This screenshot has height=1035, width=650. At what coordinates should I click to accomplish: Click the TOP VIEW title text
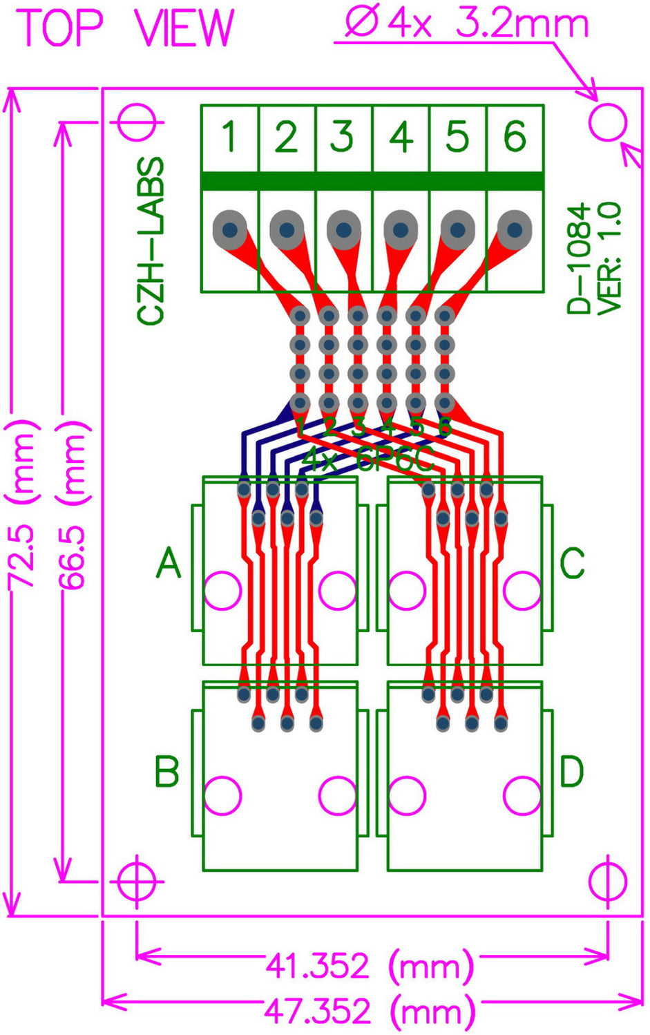(126, 28)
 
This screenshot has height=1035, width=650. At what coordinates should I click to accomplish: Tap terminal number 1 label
(230, 137)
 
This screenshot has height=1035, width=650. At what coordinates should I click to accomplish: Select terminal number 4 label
(401, 137)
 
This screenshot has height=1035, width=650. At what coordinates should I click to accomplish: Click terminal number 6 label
(515, 137)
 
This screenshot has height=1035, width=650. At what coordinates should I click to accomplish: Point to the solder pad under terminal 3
(344, 228)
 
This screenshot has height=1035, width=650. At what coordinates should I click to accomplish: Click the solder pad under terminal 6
(515, 228)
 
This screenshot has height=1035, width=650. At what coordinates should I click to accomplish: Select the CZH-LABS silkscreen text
(151, 240)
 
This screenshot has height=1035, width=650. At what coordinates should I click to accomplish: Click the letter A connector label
(169, 563)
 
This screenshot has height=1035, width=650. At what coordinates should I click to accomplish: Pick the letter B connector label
(166, 771)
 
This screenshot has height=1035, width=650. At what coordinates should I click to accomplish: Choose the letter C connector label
(572, 563)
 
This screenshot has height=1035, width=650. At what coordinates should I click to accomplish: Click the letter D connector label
(572, 771)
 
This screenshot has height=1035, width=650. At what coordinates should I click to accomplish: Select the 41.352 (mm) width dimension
(370, 965)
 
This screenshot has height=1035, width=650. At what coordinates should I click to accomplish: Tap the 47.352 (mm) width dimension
(370, 1012)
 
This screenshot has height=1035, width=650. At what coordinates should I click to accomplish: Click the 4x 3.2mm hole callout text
(467, 26)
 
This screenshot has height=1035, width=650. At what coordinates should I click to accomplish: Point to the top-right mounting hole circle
(608, 123)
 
